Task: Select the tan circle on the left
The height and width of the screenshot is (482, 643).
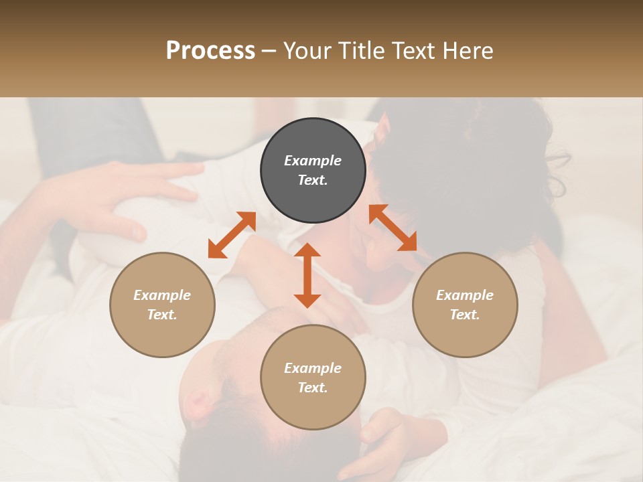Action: [162, 305]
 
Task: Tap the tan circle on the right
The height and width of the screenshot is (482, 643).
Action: [465, 305]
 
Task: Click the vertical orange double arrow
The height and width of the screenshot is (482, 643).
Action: [307, 275]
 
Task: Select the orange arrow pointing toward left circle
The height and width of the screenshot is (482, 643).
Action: [232, 235]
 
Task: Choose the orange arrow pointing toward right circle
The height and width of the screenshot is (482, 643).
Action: [392, 228]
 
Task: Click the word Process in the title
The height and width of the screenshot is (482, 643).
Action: [210, 51]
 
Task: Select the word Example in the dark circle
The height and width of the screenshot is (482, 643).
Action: [313, 161]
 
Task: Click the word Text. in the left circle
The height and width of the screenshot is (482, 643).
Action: [162, 315]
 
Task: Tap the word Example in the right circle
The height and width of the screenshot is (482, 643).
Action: [465, 295]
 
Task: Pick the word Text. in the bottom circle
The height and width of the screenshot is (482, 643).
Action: [313, 388]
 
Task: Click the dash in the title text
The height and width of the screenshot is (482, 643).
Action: [269, 52]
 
